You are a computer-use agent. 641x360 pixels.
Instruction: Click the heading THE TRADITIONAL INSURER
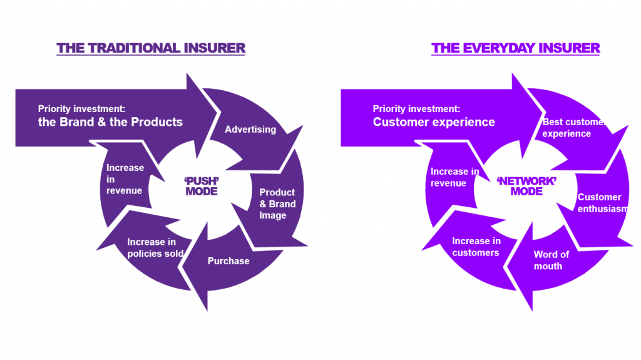(x=151, y=48)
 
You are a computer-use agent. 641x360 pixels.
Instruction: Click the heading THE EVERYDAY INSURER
(x=515, y=48)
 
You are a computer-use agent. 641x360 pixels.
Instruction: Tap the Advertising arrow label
(x=250, y=130)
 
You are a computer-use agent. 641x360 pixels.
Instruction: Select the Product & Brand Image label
(x=277, y=204)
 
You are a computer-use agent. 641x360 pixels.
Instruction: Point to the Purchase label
(x=228, y=261)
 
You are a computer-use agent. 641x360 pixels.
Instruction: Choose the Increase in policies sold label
(x=155, y=248)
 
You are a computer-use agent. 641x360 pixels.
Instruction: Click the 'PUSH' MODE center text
(x=202, y=186)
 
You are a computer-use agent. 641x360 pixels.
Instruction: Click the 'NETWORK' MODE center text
(x=526, y=186)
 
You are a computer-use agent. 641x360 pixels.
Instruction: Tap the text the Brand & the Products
(x=110, y=122)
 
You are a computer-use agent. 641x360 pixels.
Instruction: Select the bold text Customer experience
(x=434, y=122)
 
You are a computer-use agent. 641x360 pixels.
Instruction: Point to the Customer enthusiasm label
(x=602, y=203)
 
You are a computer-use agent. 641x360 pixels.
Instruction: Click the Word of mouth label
(x=551, y=260)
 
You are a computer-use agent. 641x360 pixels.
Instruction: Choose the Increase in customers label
(x=476, y=247)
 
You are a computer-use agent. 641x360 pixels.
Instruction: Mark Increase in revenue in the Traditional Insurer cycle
(x=125, y=179)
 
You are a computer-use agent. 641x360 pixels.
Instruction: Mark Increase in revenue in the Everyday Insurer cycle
(x=454, y=177)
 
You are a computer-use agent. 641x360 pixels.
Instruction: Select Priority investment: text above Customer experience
(x=416, y=108)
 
